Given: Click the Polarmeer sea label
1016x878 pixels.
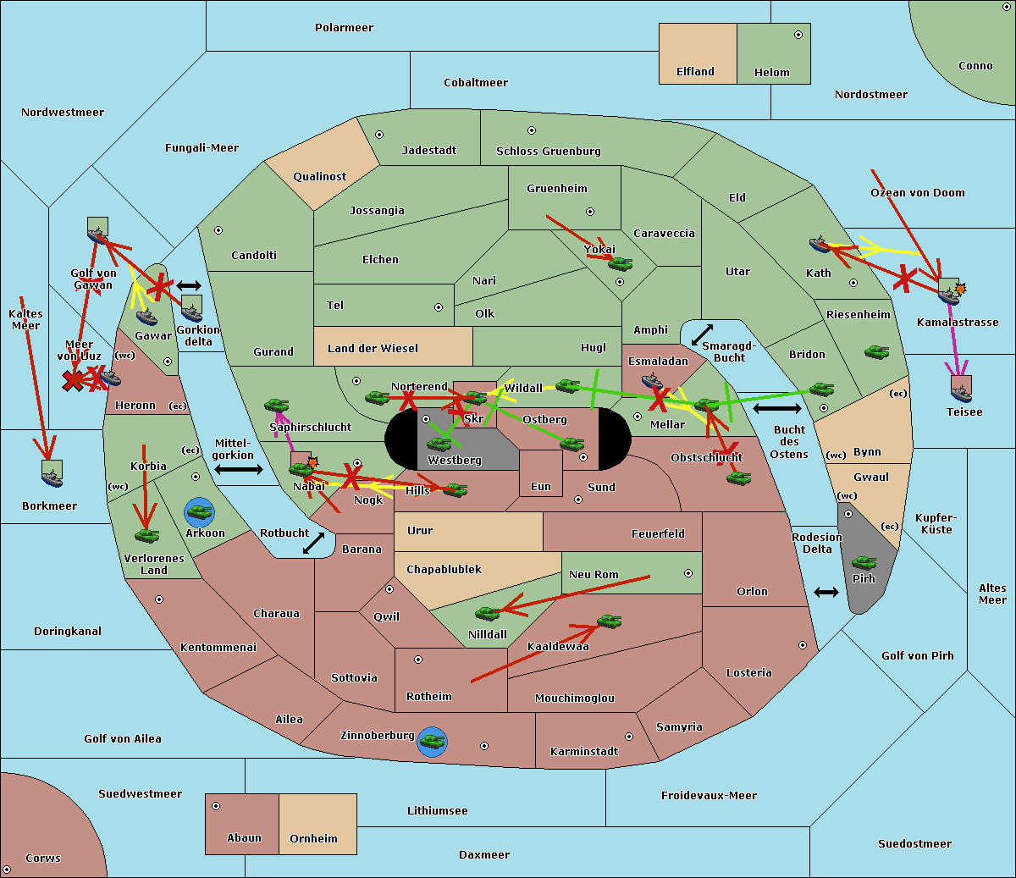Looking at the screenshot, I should pyautogui.click(x=344, y=28).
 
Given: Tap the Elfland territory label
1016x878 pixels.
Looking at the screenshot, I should pyautogui.click(x=695, y=72).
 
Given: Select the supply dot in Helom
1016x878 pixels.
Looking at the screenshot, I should pyautogui.click(x=798, y=35).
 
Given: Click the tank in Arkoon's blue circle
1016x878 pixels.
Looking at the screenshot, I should pyautogui.click(x=199, y=511).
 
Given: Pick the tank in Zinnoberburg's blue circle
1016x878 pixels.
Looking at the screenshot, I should pyautogui.click(x=432, y=742).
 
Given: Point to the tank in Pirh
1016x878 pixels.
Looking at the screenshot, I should pyautogui.click(x=864, y=562).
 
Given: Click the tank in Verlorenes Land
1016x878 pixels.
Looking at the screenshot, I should pyautogui.click(x=146, y=535).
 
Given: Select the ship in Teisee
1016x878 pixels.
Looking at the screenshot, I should pyautogui.click(x=961, y=390).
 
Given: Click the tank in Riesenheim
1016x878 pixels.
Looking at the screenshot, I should pyautogui.click(x=876, y=351).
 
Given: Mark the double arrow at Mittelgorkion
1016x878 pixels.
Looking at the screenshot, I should pyautogui.click(x=239, y=469).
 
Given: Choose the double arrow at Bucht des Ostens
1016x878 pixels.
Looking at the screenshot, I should pyautogui.click(x=776, y=409).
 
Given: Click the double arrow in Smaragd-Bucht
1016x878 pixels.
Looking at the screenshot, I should pyautogui.click(x=702, y=334).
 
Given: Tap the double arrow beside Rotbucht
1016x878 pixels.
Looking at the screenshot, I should pyautogui.click(x=313, y=543).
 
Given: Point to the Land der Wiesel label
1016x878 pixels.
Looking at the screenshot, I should pyautogui.click(x=373, y=348).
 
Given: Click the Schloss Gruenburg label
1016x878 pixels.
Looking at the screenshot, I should pyautogui.click(x=548, y=152).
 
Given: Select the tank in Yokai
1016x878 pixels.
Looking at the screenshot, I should pyautogui.click(x=621, y=264).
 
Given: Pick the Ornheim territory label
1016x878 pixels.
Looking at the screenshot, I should pyautogui.click(x=313, y=839).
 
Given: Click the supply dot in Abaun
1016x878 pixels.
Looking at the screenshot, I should pyautogui.click(x=216, y=806).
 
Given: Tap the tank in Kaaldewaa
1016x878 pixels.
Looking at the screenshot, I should pyautogui.click(x=609, y=621).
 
